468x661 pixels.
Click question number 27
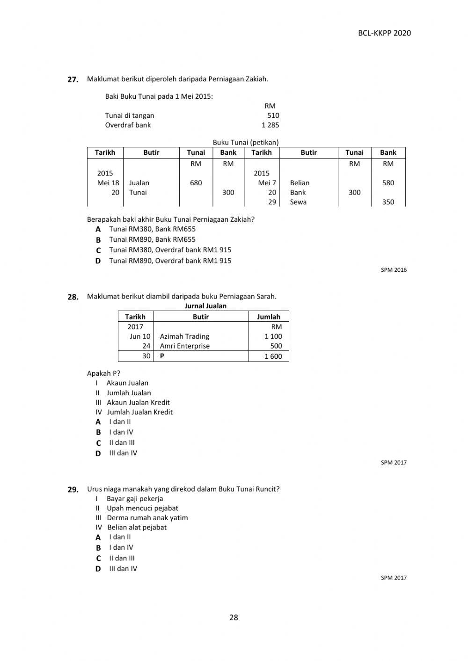coord(73,80)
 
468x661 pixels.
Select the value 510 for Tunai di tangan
coord(273,116)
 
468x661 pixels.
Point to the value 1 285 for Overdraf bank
coord(270,125)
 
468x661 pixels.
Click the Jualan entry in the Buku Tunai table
coord(139,183)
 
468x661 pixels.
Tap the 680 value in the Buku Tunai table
coord(196,183)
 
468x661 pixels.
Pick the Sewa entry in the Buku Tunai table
coord(298,202)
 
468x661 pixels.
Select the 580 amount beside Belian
coord(388,183)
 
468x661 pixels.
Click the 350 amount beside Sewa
coord(388,202)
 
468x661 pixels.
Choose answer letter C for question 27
coord(98,250)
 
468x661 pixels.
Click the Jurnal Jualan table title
coord(205,306)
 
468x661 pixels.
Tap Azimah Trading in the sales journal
coord(184,336)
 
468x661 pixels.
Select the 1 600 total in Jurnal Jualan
coord(273,356)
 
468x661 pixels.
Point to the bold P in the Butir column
coord(162,356)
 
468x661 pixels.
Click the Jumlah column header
coord(268,317)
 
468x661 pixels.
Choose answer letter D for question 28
coord(98,453)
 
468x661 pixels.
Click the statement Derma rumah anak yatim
coord(147,518)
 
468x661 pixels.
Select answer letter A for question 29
coord(98,538)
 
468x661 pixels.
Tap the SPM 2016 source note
coord(394,270)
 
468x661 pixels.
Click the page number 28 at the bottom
coord(234,617)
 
